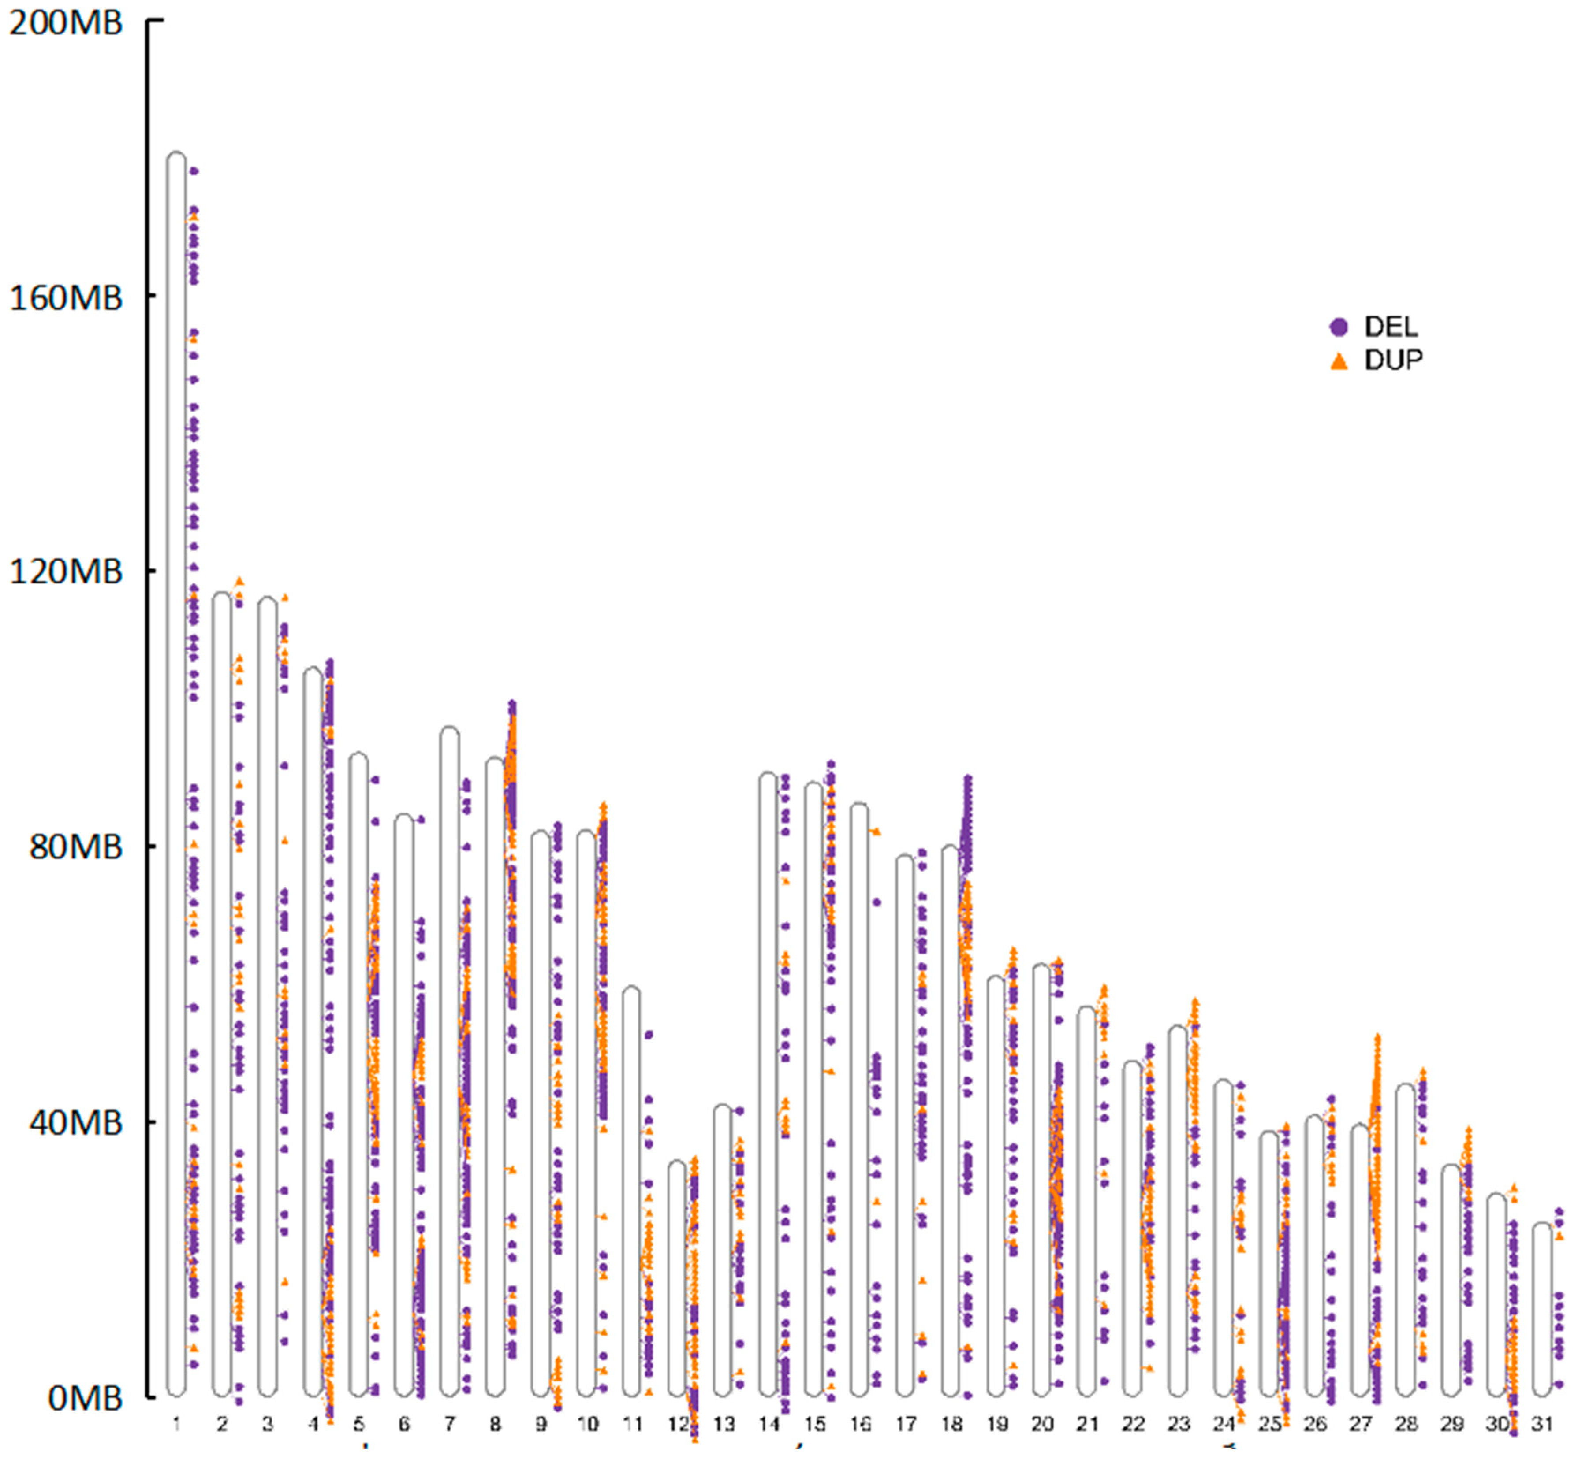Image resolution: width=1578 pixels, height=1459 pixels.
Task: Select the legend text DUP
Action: (x=1393, y=361)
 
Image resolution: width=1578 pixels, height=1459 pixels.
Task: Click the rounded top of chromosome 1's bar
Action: (x=176, y=156)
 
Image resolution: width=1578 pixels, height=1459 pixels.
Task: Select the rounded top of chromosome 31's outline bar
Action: (x=1542, y=1226)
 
